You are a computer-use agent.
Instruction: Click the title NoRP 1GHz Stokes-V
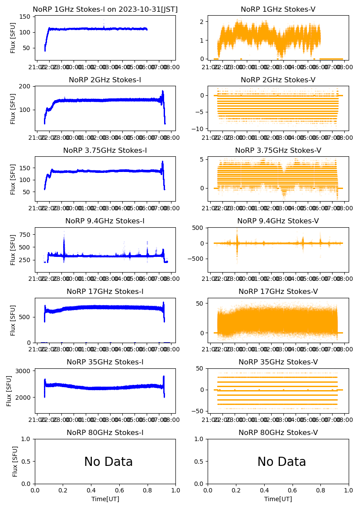[x=278, y=9]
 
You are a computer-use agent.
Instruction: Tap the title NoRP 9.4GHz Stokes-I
[x=105, y=221]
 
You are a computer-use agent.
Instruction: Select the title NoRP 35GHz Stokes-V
[x=278, y=362]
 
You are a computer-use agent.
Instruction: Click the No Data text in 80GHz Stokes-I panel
[x=108, y=462]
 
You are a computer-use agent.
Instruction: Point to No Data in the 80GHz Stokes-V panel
[x=282, y=462]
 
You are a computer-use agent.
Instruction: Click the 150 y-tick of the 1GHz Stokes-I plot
[x=26, y=17]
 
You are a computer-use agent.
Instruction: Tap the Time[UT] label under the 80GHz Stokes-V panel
[x=278, y=499]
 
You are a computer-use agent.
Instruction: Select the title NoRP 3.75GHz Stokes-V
[x=278, y=150]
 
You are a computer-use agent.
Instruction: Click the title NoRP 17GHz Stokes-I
[x=105, y=291]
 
